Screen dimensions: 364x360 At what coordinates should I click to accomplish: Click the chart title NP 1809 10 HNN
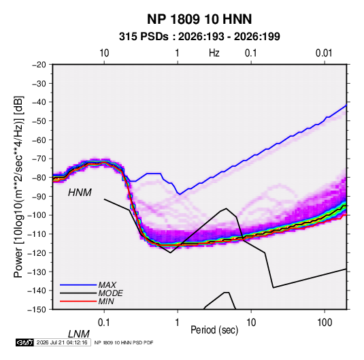pyautogui.click(x=199, y=19)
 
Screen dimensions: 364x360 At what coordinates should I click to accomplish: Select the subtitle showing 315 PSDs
pyautogui.click(x=199, y=37)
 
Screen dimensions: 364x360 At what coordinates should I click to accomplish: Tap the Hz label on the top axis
pyautogui.click(x=214, y=53)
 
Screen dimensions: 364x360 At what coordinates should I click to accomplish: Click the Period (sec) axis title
pyautogui.click(x=214, y=330)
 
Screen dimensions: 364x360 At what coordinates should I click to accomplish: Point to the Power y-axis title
pyautogui.click(x=18, y=187)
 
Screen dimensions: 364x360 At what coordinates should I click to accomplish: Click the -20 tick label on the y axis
pyautogui.click(x=39, y=65)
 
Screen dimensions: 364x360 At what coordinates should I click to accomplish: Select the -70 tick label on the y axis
pyautogui.click(x=39, y=159)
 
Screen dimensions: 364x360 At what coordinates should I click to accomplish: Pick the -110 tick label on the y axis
pyautogui.click(x=37, y=234)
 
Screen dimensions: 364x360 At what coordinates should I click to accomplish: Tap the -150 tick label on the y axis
pyautogui.click(x=37, y=310)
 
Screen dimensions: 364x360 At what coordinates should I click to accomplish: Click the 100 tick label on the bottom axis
pyautogui.click(x=325, y=323)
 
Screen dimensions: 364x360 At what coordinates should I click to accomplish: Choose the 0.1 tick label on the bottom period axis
pyautogui.click(x=104, y=323)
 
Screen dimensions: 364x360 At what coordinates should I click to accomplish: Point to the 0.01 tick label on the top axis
pyautogui.click(x=324, y=53)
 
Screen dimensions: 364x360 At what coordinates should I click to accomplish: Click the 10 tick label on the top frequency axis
pyautogui.click(x=104, y=53)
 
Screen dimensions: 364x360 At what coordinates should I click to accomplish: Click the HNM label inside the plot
pyautogui.click(x=80, y=193)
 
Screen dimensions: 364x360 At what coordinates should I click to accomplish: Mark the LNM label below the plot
pyautogui.click(x=78, y=334)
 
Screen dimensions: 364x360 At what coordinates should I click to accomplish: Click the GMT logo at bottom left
pyautogui.click(x=25, y=342)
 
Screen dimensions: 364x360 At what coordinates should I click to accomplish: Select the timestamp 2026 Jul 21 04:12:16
pyautogui.click(x=62, y=342)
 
